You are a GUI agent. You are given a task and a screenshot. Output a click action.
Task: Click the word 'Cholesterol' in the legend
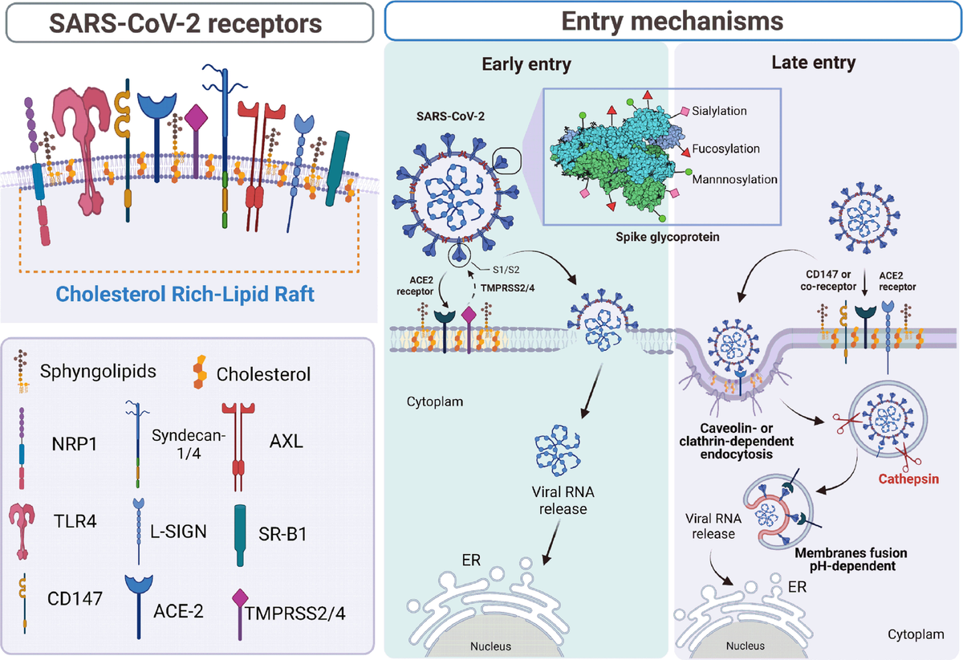coord(263,374)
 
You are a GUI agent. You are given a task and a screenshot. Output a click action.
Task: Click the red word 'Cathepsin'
coord(909,479)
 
